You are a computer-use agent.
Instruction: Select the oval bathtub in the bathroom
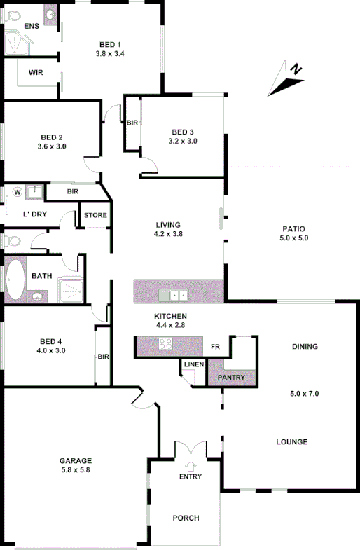[15, 280]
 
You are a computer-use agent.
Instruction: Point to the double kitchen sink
[172, 294]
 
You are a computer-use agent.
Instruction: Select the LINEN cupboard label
[193, 364]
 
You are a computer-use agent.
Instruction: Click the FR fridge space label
[215, 346]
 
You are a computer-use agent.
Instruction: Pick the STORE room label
[95, 215]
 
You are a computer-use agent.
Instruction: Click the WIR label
[36, 72]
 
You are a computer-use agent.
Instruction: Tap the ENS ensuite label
[31, 27]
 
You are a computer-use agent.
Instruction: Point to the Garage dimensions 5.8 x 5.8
[76, 470]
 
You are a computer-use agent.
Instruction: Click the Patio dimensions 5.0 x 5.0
[295, 238]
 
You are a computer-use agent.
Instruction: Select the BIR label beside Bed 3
[132, 123]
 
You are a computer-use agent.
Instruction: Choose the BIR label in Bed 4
[104, 357]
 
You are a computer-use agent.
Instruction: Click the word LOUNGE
[291, 442]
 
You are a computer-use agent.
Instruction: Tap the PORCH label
[186, 518]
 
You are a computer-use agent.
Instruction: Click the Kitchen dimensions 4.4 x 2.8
[170, 325]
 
